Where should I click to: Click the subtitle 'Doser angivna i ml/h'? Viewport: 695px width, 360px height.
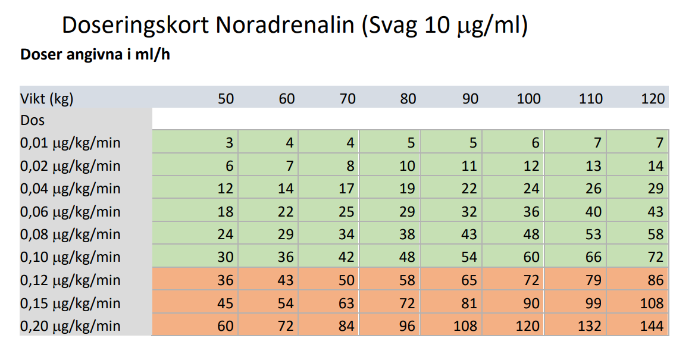96,56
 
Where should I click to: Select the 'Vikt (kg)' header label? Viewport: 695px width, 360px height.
48,99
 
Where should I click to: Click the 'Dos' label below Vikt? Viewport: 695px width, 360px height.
33,121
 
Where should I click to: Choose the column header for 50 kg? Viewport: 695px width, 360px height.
226,99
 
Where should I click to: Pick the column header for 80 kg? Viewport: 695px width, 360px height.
408,99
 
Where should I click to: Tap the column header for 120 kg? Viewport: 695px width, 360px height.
653,99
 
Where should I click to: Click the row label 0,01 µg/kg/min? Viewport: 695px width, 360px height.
71,143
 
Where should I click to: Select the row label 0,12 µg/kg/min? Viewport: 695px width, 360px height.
71,280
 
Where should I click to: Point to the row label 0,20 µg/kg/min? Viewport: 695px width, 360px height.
71,326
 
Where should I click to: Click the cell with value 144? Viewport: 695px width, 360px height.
637,326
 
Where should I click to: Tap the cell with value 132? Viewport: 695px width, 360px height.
575,326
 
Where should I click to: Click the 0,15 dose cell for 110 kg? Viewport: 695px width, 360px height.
575,303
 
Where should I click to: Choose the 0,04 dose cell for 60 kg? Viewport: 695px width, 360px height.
268,189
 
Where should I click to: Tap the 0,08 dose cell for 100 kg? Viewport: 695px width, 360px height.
514,234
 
